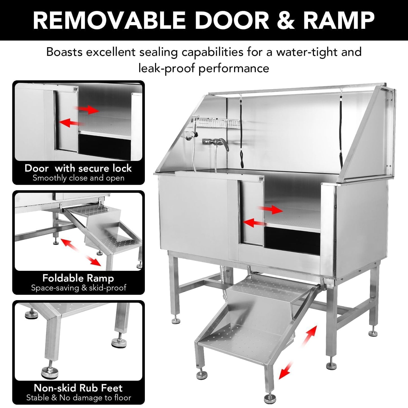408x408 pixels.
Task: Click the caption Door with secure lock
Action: (78, 168)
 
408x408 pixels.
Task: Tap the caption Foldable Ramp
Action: (78, 278)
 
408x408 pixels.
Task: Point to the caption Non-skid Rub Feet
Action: (78, 388)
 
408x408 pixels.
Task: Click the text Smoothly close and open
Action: (78, 178)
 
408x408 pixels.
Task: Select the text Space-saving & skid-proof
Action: (78, 288)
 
